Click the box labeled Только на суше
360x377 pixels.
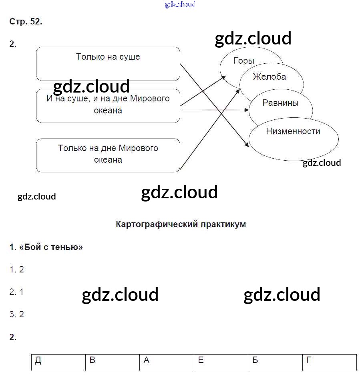[x=108, y=63]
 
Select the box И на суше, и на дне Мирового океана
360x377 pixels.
[x=108, y=105]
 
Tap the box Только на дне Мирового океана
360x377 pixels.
[x=108, y=155]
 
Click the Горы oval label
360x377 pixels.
[x=244, y=61]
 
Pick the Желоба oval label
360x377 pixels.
[x=269, y=77]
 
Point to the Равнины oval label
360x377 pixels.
[x=280, y=103]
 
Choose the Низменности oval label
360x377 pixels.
[x=293, y=131]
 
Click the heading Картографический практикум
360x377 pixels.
[x=181, y=224]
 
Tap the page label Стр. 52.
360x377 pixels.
[x=26, y=22]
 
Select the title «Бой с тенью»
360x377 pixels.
[x=46, y=247]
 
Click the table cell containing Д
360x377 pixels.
[x=58, y=361]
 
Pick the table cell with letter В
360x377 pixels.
[x=113, y=361]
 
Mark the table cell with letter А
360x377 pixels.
[x=167, y=361]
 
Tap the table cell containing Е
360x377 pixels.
[x=221, y=361]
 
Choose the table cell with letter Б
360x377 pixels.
[x=275, y=361]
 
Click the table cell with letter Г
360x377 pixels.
[x=329, y=361]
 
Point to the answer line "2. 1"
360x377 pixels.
[x=16, y=292]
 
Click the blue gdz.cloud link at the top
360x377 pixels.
[x=180, y=5]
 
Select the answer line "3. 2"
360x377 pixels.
[x=16, y=315]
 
